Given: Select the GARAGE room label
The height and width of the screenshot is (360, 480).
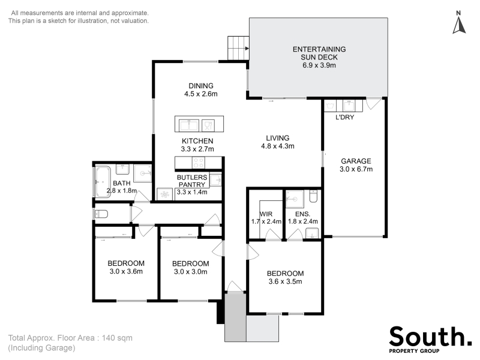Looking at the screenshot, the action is (x=356, y=161).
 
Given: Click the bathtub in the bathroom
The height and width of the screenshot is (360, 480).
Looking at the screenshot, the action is (x=103, y=182).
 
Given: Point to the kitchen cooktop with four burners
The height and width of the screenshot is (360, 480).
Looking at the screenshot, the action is (x=199, y=163).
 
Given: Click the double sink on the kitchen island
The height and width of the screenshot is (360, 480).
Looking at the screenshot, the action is (x=189, y=125).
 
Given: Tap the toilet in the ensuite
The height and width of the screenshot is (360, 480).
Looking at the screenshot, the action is (x=313, y=196).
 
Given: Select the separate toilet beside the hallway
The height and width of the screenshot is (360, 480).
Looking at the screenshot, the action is (x=101, y=214).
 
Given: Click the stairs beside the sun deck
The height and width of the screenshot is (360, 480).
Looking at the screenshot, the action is (x=238, y=48).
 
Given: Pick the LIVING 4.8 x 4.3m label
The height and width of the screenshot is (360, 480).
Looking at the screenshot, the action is (x=278, y=142).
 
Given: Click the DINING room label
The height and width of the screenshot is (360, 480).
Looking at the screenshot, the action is (x=201, y=86).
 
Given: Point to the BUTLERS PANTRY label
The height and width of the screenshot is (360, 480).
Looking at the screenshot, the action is (x=192, y=181).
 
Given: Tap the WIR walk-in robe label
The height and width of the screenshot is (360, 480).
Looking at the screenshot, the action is (x=266, y=214).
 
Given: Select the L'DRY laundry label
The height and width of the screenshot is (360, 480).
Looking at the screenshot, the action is (x=344, y=117).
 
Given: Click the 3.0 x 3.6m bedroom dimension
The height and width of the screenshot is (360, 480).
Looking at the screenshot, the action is (x=126, y=272).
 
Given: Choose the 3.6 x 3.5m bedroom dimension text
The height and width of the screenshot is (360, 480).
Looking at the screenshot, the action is (x=286, y=281).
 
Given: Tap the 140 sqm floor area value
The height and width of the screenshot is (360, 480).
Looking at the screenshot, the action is (x=117, y=338).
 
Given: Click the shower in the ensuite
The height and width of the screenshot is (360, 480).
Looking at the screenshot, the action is (x=295, y=199).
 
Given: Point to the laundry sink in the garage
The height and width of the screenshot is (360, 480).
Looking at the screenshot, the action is (x=349, y=106).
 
